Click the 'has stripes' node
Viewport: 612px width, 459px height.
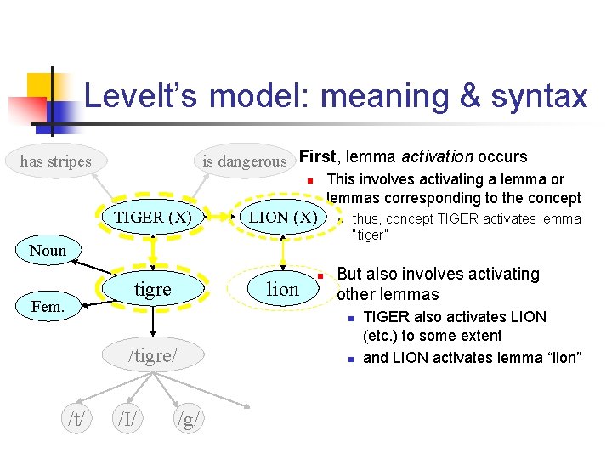click(x=56, y=161)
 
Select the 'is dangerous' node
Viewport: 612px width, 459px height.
click(x=244, y=161)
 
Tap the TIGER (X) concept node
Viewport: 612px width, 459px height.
click(x=153, y=217)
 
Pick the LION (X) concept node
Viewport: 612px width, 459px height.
click(x=282, y=217)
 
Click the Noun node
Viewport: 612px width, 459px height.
click(x=48, y=250)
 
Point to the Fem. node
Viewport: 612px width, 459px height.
click(x=48, y=306)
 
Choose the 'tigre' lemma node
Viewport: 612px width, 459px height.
click(x=153, y=289)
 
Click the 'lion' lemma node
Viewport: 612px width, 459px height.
click(x=282, y=289)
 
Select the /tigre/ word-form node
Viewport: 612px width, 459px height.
click(x=153, y=354)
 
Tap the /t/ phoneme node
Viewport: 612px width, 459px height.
click(x=76, y=418)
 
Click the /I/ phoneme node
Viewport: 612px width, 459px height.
click(x=128, y=418)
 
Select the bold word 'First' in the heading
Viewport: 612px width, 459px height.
click(x=317, y=156)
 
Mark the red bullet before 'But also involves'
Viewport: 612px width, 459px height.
click(x=321, y=277)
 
